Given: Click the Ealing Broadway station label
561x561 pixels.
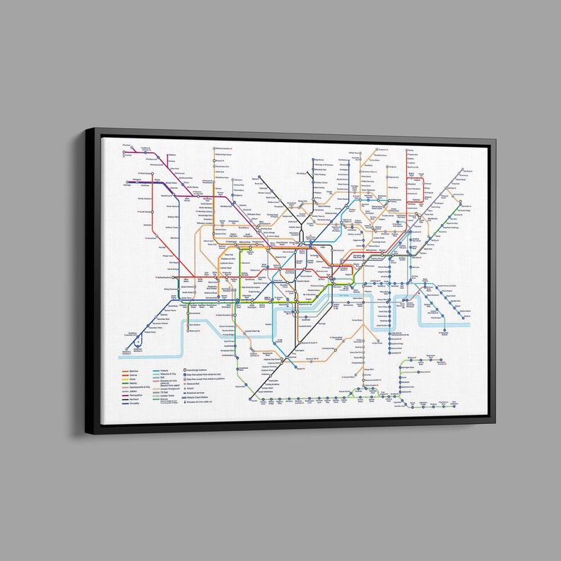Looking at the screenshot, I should tap(165, 280).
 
